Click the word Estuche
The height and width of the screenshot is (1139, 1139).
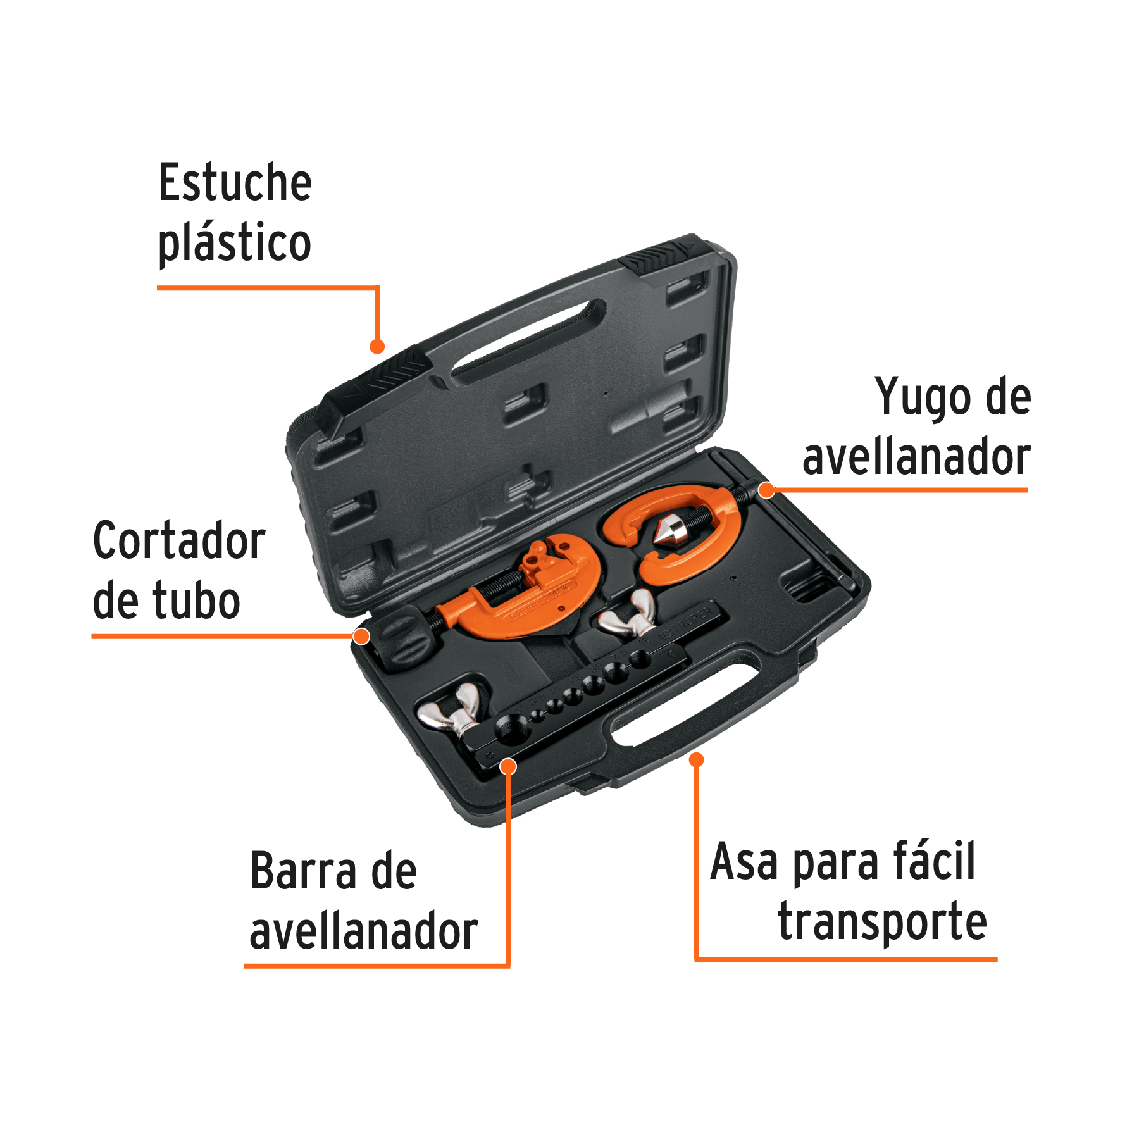pyautogui.click(x=235, y=183)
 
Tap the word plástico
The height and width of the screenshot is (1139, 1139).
pyautogui.click(x=235, y=244)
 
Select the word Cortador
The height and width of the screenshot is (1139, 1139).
pyautogui.click(x=179, y=540)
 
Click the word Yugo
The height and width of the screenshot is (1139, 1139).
pyautogui.click(x=916, y=397)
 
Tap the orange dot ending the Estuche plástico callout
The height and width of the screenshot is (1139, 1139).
pyautogui.click(x=377, y=346)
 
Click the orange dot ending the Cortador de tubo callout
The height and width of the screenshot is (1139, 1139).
pyautogui.click(x=361, y=636)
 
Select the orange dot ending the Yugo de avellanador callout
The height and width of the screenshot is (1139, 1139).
pyautogui.click(x=766, y=490)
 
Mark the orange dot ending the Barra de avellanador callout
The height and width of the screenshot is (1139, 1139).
pyautogui.click(x=507, y=767)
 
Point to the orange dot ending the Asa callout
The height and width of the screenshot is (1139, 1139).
pyautogui.click(x=696, y=759)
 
